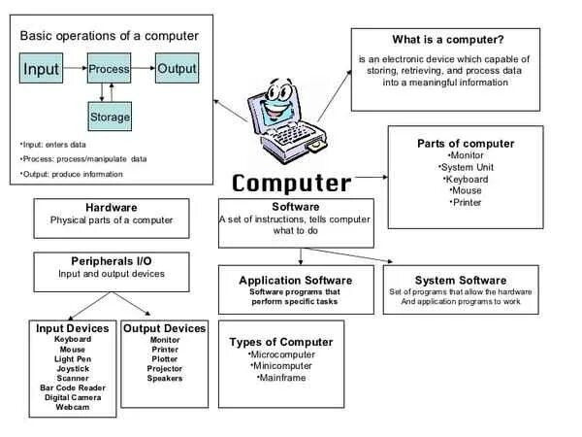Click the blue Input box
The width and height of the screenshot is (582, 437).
point(42,70)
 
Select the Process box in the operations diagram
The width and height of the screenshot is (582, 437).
point(109,70)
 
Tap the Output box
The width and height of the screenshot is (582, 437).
point(177,70)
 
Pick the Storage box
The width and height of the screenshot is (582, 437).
point(109,118)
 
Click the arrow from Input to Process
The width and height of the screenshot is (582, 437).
point(76,70)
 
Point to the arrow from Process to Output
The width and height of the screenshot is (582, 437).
point(144,70)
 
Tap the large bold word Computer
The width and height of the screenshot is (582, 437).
point(291,183)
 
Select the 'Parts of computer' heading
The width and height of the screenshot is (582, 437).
point(466,144)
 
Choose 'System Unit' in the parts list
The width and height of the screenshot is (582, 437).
point(466,167)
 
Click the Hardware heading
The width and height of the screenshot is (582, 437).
point(112,208)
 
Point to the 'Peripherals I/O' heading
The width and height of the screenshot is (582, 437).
point(112,261)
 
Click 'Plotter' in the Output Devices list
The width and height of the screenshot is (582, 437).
point(165,358)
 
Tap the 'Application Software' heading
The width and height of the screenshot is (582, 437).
point(295,281)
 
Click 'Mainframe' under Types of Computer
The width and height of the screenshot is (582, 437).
point(281,377)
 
